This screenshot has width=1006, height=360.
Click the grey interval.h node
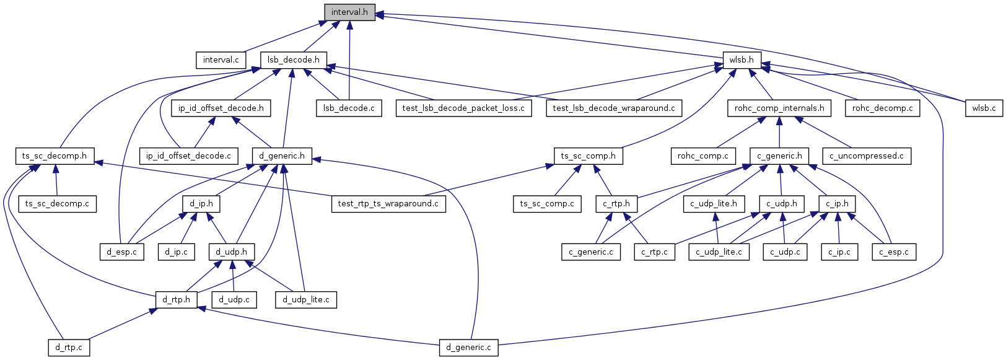[349, 12]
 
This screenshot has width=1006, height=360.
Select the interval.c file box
[221, 60]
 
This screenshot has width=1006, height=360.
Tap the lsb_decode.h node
[294, 60]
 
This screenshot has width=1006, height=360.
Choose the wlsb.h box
[742, 60]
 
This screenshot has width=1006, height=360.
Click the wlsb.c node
[984, 108]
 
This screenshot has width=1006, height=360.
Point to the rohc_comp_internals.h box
[779, 108]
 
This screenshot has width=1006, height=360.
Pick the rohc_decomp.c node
[882, 108]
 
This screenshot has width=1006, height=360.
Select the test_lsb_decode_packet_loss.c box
[463, 108]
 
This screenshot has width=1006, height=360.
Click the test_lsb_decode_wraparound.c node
[614, 108]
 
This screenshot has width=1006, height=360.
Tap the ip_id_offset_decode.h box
[221, 108]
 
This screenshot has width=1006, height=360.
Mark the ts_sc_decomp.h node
[55, 156]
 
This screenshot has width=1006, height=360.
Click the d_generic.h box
[282, 156]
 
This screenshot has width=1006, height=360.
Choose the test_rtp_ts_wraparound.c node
[388, 203]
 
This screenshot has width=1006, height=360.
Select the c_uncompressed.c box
[866, 156]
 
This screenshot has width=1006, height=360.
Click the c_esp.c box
[894, 252]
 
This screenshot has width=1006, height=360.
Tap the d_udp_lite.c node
[306, 299]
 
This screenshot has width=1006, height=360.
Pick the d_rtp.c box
[69, 347]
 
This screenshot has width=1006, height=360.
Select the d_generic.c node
[469, 347]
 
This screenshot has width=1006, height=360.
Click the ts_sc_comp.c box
[547, 203]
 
